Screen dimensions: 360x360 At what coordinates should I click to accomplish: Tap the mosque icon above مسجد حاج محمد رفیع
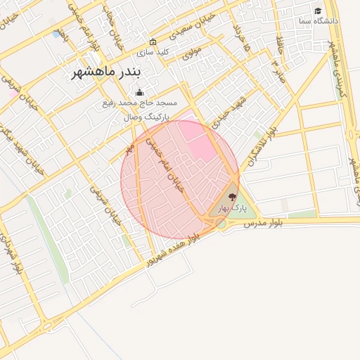[139, 93]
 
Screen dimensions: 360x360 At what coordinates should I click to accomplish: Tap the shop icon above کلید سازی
[153, 41]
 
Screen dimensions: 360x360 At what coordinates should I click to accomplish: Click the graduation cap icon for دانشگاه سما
[318, 11]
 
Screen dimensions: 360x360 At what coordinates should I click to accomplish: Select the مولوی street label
[191, 51]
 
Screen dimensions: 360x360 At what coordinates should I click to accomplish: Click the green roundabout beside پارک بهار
[221, 223]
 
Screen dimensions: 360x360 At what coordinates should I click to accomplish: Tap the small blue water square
[56, 33]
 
